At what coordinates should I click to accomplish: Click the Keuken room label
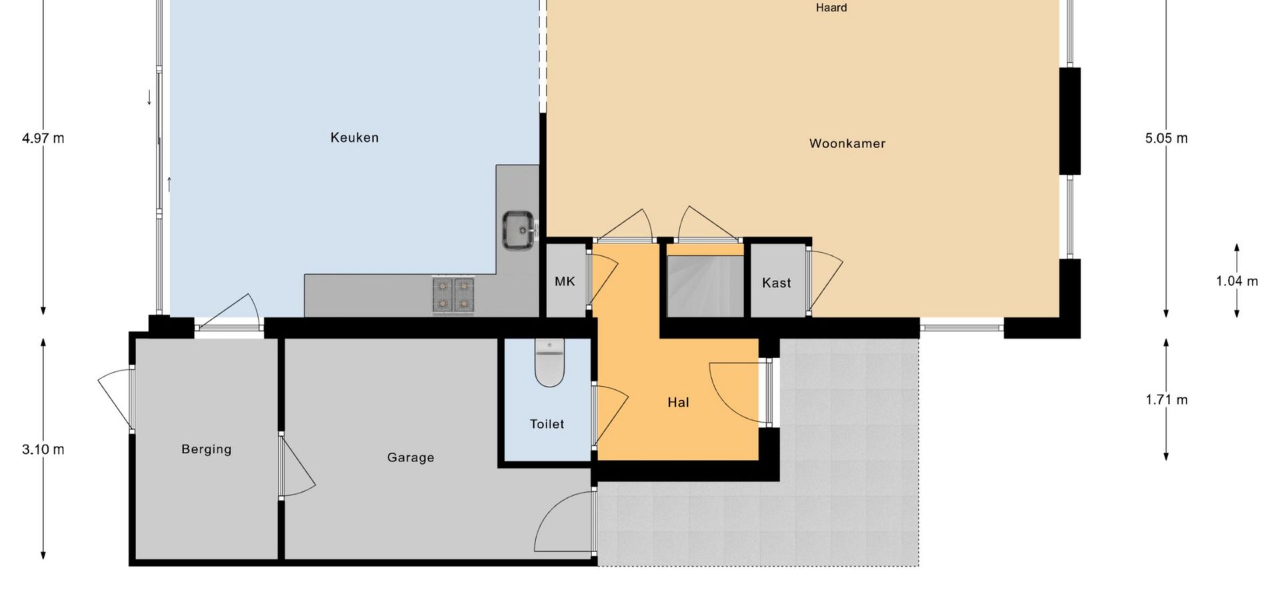tap(355, 137)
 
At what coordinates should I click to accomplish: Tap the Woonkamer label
tap(847, 143)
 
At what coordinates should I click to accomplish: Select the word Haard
tap(831, 8)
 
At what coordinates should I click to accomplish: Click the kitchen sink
tap(519, 230)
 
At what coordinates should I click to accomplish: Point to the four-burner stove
tap(453, 295)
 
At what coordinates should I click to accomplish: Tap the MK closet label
tap(565, 281)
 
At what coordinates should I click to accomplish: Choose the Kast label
tap(777, 283)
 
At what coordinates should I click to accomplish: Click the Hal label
tap(678, 402)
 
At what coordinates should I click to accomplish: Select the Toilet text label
tap(547, 424)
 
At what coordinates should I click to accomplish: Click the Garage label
tap(411, 457)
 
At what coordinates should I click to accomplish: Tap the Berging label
tap(207, 449)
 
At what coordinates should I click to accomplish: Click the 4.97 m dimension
tap(43, 138)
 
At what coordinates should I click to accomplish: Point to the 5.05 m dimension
tap(1167, 138)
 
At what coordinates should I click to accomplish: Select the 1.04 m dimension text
tap(1237, 281)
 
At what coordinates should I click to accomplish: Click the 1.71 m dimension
tap(1167, 399)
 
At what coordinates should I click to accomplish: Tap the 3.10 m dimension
tap(43, 449)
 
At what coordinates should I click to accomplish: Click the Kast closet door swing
tap(825, 281)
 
